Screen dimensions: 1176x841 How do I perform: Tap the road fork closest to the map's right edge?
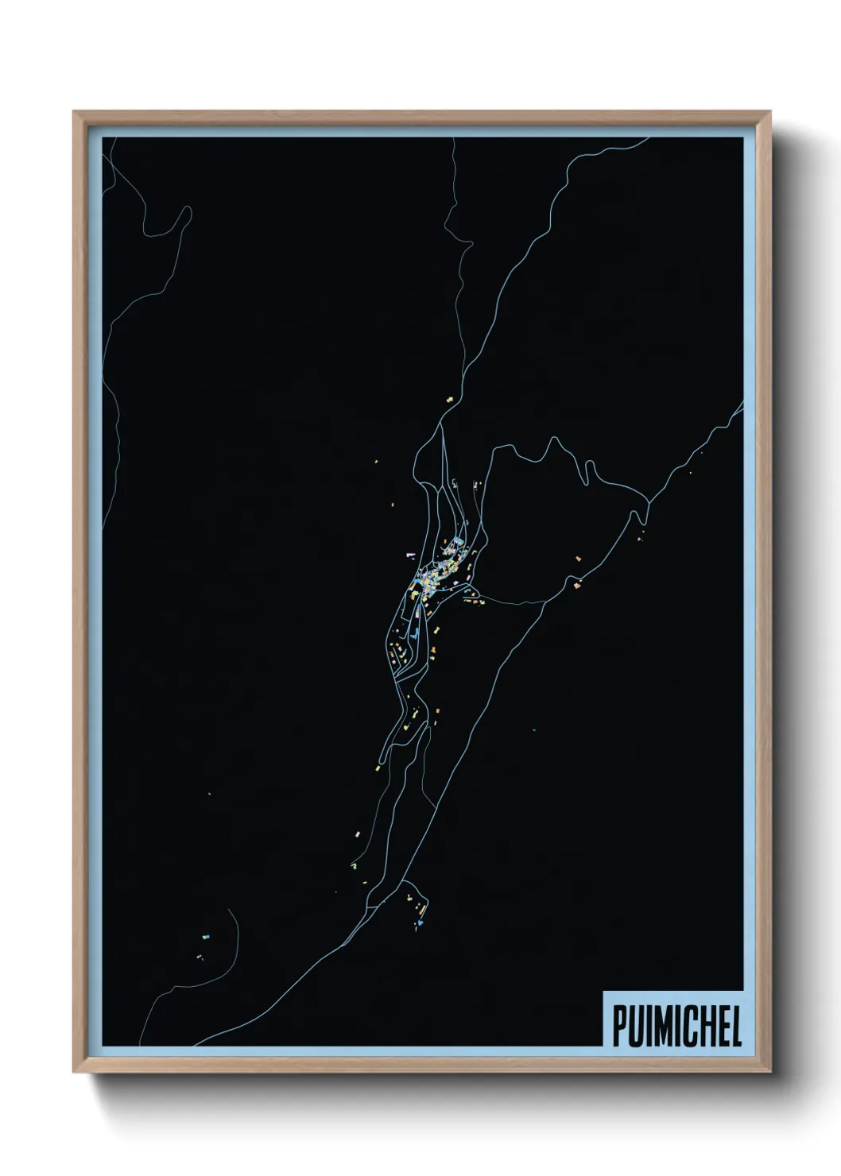(x=649, y=502)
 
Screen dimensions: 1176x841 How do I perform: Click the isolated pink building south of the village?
(x=358, y=833)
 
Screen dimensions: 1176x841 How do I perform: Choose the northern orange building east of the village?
(x=579, y=559)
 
